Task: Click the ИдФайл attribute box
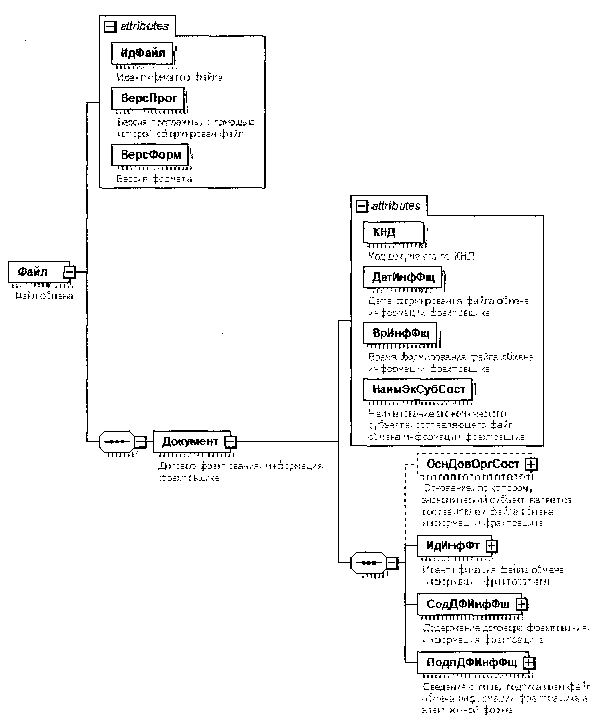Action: [142, 53]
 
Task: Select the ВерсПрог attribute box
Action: [148, 98]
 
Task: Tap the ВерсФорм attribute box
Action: [150, 155]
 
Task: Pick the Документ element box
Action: [190, 442]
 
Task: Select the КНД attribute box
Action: [393, 232]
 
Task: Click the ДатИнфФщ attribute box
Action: [402, 277]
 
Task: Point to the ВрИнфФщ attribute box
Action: [400, 333]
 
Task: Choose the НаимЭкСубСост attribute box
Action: [417, 389]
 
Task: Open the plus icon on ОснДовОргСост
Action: [531, 464]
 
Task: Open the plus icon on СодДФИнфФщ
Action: [521, 604]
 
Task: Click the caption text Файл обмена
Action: [43, 295]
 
